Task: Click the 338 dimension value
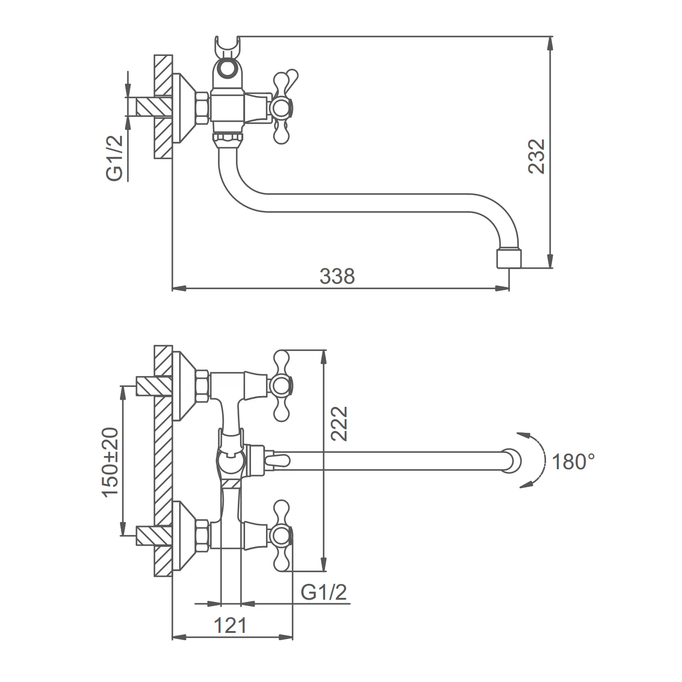pyautogui.click(x=337, y=276)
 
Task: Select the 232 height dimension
pyautogui.click(x=537, y=156)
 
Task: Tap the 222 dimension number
pyautogui.click(x=339, y=423)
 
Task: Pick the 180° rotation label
pyautogui.click(x=573, y=462)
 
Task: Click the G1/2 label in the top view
pyautogui.click(x=116, y=159)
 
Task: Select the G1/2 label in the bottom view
pyautogui.click(x=324, y=592)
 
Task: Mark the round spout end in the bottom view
pyautogui.click(x=512, y=461)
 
